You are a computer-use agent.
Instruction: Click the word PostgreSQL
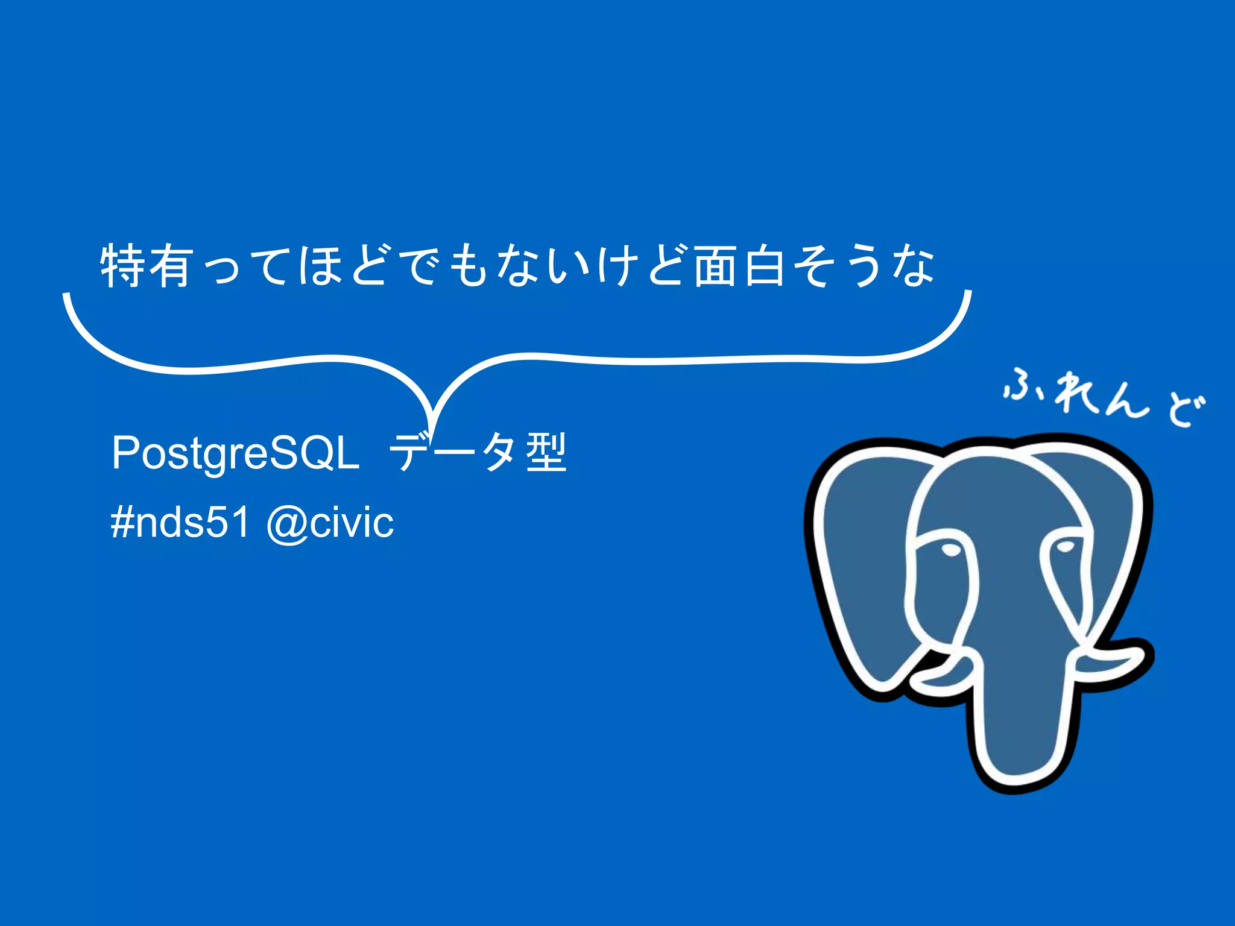(235, 453)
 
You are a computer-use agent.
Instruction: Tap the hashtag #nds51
(180, 522)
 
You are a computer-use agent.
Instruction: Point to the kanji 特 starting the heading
(122, 266)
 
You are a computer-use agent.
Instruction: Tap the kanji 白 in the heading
(764, 266)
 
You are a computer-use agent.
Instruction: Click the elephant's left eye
(951, 550)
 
